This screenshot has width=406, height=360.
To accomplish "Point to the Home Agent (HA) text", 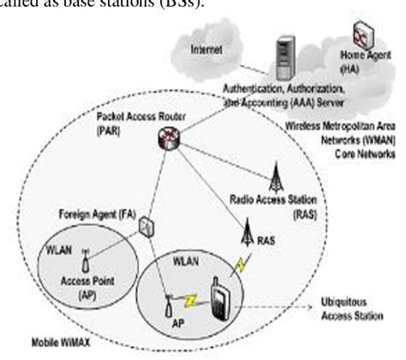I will tap(367, 59).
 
